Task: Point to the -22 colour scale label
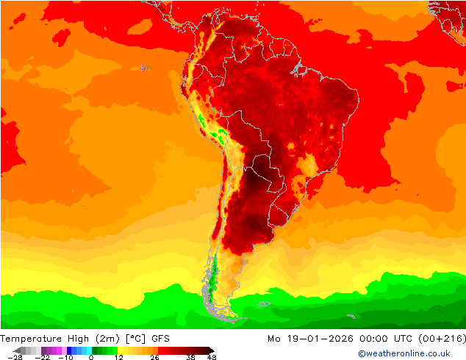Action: (x=43, y=357)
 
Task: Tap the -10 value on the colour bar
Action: (x=65, y=357)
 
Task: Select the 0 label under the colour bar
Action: (x=91, y=357)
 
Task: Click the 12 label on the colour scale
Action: (x=118, y=357)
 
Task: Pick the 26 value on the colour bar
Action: (x=155, y=357)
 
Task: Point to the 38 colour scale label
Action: (x=190, y=357)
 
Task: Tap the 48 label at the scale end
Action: (x=211, y=357)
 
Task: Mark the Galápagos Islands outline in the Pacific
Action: (x=143, y=69)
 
